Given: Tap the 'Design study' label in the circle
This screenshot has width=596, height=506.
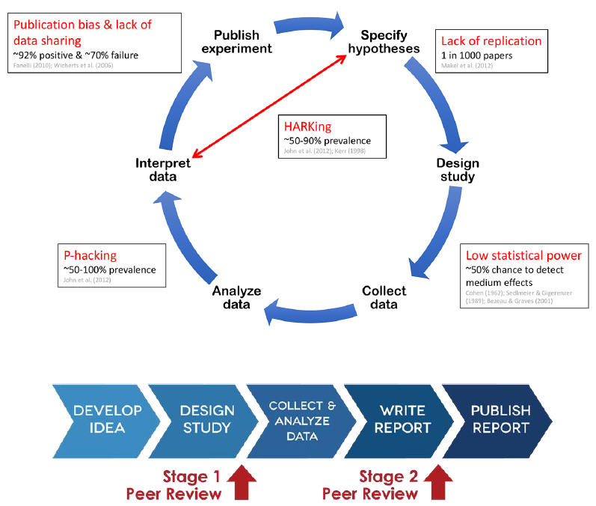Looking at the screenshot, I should (x=457, y=170).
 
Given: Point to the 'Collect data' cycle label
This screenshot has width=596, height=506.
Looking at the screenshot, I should (x=384, y=298).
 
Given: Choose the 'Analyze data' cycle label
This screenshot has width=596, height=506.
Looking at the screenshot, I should (x=236, y=298).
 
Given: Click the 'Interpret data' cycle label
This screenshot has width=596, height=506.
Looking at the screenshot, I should (x=162, y=170).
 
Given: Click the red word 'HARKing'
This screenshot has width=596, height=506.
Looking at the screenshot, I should (x=307, y=127).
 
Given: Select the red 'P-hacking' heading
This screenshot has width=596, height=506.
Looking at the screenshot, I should (x=89, y=255).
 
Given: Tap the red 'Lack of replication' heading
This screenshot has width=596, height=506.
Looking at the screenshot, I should (x=491, y=41).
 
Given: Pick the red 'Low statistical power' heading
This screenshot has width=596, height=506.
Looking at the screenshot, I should (x=523, y=255).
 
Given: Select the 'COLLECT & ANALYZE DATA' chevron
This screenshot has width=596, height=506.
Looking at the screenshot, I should (x=302, y=419).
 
